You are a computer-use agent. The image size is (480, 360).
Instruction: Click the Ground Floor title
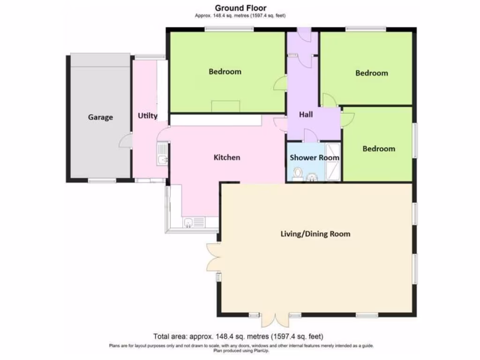[x=240, y=7]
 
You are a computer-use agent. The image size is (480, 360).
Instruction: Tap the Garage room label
[x=100, y=117]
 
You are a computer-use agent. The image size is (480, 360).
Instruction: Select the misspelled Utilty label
[x=148, y=116]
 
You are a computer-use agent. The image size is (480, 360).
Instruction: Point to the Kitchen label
[x=227, y=157]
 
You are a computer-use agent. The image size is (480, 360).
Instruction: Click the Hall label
[x=306, y=114]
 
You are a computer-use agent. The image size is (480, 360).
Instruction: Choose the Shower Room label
[x=314, y=157]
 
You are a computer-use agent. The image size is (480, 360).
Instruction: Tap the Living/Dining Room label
[x=315, y=233]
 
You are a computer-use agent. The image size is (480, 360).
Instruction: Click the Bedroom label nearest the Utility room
[x=225, y=72]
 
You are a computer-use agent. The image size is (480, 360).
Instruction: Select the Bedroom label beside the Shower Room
[x=379, y=149]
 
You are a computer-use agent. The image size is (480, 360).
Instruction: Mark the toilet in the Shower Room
[x=297, y=174]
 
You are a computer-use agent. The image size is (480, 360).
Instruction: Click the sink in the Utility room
[x=162, y=155]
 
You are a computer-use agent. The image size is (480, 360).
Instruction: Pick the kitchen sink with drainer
[x=192, y=222]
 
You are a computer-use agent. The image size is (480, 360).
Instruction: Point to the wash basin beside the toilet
[x=313, y=177]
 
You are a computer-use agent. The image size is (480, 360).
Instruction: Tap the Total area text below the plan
[x=238, y=336]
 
